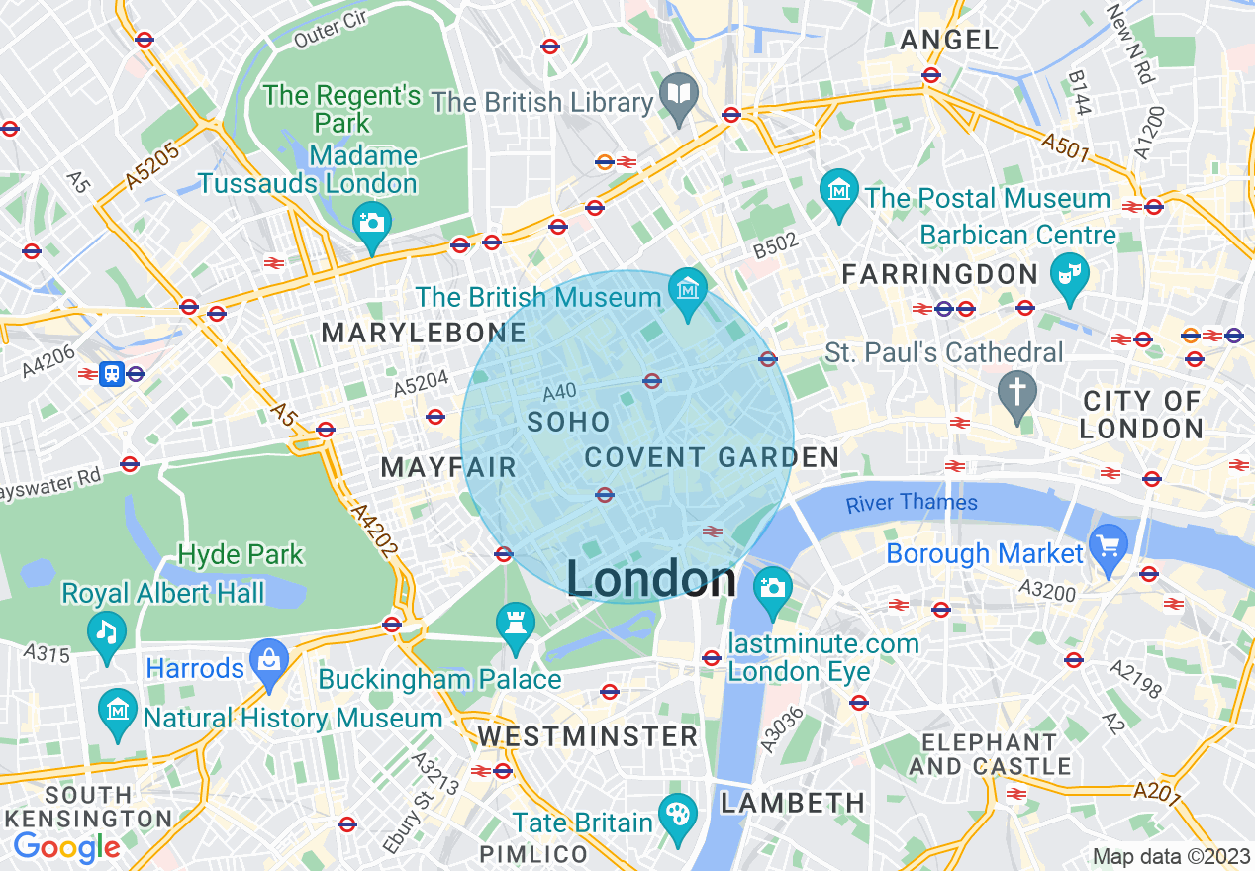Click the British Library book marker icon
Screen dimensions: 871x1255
coord(679,95)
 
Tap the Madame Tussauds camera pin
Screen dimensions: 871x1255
coord(372,222)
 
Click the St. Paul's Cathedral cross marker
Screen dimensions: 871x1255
coord(1016,391)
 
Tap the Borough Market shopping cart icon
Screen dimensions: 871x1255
coord(1108,545)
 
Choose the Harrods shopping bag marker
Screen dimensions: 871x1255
coord(268,659)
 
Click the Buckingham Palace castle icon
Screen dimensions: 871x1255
coord(515,623)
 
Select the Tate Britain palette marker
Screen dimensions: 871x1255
coord(677,815)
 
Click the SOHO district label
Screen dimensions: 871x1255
coord(568,423)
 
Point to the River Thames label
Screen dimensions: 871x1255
coord(912,503)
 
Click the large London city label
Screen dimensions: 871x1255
coord(651,579)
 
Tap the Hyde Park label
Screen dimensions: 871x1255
coord(241,554)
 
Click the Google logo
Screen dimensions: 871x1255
coord(66,847)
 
